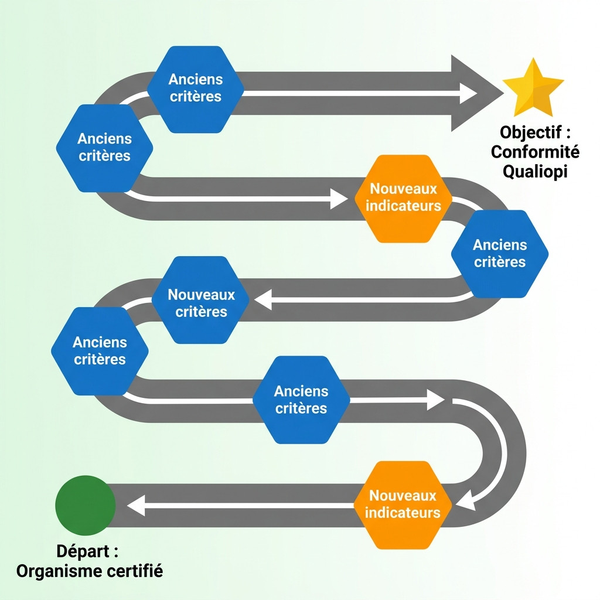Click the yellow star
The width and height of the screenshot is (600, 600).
[533, 88]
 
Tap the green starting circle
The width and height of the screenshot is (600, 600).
[86, 505]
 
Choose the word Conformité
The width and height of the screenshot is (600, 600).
[535, 152]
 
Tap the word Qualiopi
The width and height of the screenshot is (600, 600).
[535, 172]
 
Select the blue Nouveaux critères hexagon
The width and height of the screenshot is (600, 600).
[200, 300]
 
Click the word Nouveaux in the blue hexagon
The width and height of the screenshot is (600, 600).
[201, 294]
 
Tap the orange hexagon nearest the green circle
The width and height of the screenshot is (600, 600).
[403, 505]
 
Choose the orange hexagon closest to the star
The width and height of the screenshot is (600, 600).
[403, 198]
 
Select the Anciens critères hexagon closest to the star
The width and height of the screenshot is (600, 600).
[195, 88]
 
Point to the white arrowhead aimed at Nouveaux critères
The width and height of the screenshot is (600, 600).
[262, 300]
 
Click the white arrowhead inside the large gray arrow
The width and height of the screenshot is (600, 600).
[468, 93]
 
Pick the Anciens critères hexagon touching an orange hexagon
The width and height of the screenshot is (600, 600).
[500, 254]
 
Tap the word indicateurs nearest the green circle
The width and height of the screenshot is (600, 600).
[403, 513]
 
